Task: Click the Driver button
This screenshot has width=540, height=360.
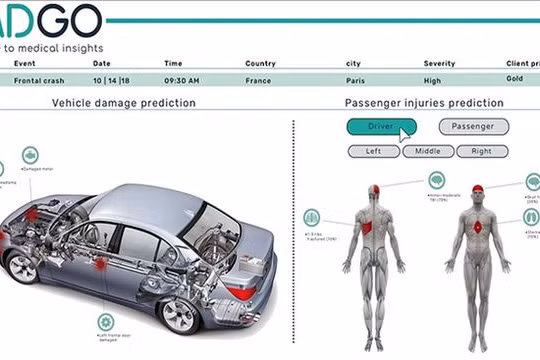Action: pyautogui.click(x=381, y=127)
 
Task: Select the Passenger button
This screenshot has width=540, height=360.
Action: pyautogui.click(x=473, y=127)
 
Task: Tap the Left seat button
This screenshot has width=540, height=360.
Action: pyautogui.click(x=373, y=152)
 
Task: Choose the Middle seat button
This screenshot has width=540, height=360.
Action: pyautogui.click(x=428, y=152)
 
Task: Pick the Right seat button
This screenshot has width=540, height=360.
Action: pyautogui.click(x=482, y=152)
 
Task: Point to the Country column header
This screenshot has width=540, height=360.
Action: pyautogui.click(x=260, y=64)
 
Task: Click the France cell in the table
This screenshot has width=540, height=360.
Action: pyautogui.click(x=259, y=79)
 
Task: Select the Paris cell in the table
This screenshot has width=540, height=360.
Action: pyautogui.click(x=356, y=79)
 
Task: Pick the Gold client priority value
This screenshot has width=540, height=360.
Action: pyautogui.click(x=515, y=78)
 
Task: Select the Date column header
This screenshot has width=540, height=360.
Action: pyautogui.click(x=102, y=64)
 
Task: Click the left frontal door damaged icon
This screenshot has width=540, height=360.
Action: pyautogui.click(x=104, y=322)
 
